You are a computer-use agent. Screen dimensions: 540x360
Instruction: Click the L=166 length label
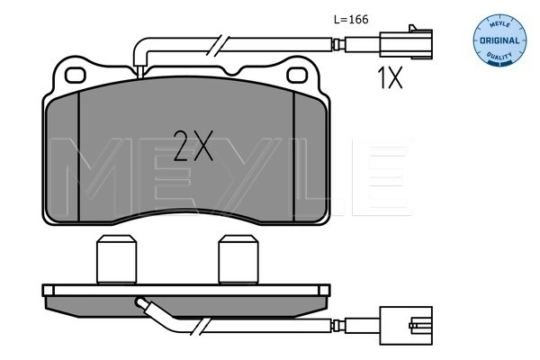(351, 19)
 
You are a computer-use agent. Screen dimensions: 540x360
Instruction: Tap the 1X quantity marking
(390, 78)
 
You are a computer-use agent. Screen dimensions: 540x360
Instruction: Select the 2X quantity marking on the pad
(193, 146)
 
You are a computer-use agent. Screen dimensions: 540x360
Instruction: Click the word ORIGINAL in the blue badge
(499, 40)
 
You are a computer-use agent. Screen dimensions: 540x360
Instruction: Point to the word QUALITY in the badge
(499, 56)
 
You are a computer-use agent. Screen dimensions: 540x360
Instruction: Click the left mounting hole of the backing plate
(75, 76)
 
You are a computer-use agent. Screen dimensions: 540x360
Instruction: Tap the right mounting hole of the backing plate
(297, 76)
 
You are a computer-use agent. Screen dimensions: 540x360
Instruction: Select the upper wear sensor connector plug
(406, 44)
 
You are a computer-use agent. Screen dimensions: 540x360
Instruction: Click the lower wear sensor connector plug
(406, 325)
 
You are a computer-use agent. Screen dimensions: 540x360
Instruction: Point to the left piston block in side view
(116, 260)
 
